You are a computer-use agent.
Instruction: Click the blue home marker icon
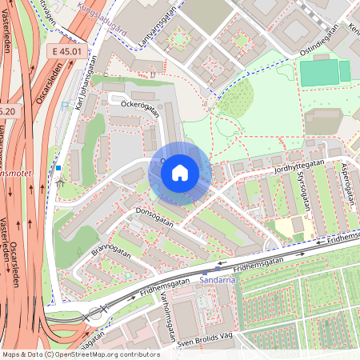180,173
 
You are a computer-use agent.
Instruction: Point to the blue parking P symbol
58,168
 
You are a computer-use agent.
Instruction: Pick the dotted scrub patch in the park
236,99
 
